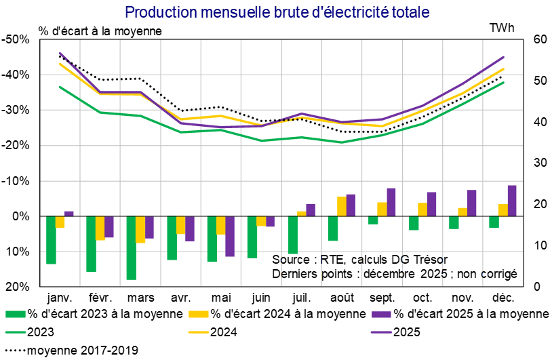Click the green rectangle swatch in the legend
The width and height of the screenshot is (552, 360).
pyautogui.click(x=16, y=314)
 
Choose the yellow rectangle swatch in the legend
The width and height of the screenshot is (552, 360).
pyautogui.click(x=199, y=314)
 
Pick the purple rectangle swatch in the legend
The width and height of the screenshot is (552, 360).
pyautogui.click(x=382, y=314)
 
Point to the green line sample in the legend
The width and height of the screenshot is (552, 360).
pyautogui.click(x=16, y=332)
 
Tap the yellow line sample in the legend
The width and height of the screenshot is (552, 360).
pyautogui.click(x=199, y=332)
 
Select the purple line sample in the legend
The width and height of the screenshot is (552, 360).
pyautogui.click(x=382, y=332)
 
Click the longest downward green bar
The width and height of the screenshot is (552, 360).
pyautogui.click(x=131, y=248)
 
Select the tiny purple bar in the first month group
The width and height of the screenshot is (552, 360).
pyautogui.click(x=69, y=214)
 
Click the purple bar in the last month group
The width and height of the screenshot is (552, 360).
pyautogui.click(x=512, y=201)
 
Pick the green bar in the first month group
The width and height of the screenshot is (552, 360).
pyautogui.click(x=51, y=240)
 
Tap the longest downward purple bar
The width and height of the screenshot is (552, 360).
pyautogui.click(x=230, y=237)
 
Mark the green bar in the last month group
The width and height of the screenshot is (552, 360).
pyautogui.click(x=494, y=222)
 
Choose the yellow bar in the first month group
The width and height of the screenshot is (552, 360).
pyautogui.click(x=60, y=222)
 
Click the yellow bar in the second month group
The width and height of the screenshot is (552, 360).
pyautogui.click(x=100, y=228)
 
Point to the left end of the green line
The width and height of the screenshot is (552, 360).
pyautogui.click(x=60, y=87)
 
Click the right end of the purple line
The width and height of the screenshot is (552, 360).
pyautogui.click(x=504, y=57)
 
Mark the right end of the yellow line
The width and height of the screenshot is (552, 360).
pyautogui.click(x=504, y=68)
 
